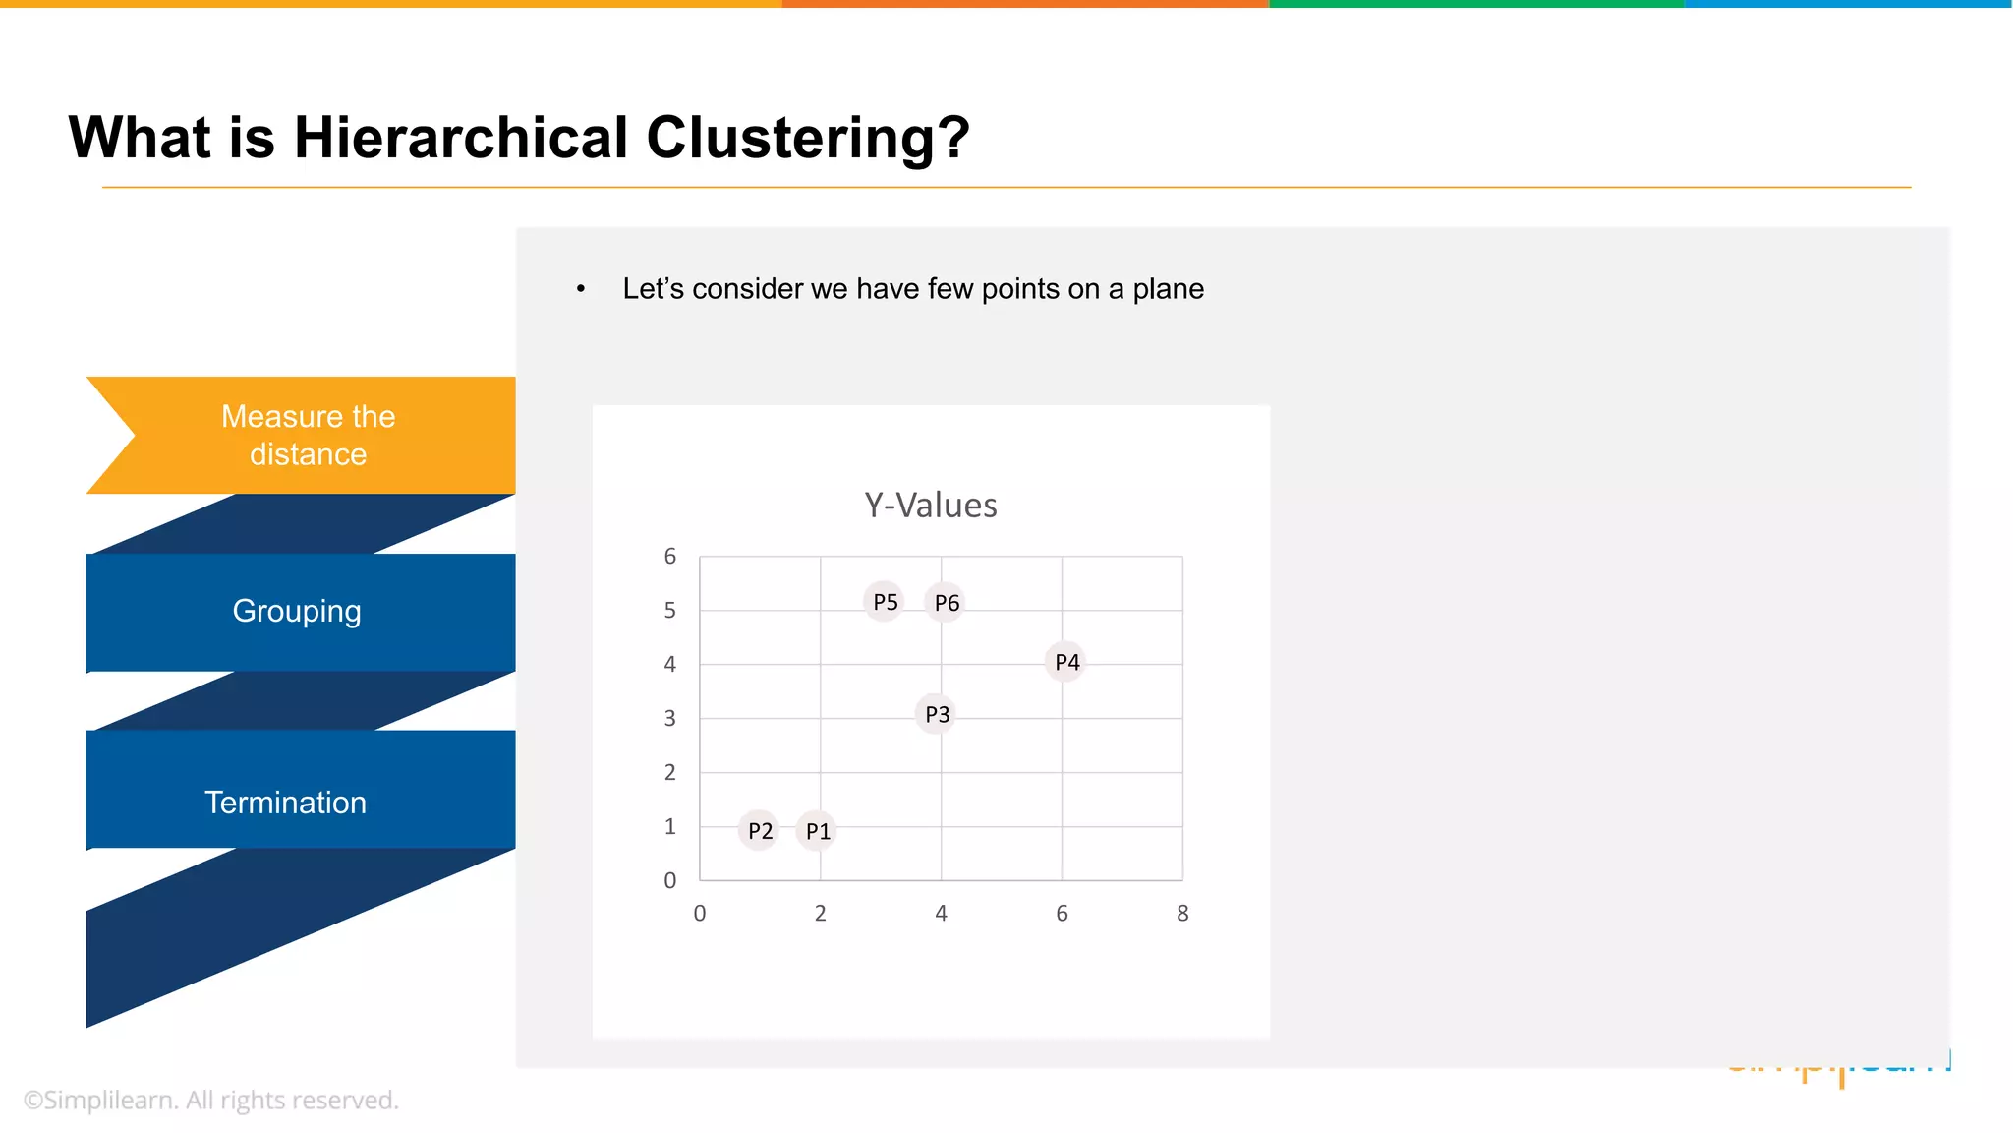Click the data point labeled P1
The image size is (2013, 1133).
[x=817, y=831]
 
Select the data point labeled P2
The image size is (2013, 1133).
[x=759, y=831]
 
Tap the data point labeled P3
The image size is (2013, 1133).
[x=937, y=714]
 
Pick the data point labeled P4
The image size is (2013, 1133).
[x=1065, y=662]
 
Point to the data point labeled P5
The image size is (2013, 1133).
[x=885, y=601]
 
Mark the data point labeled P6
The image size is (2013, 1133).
[x=946, y=602]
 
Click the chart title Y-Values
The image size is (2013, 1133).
[x=931, y=506]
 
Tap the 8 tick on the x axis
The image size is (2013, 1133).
[x=1182, y=914]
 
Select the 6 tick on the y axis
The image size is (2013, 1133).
[x=670, y=557]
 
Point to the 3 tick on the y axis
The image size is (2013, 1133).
[x=670, y=719]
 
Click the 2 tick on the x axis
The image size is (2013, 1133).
[x=821, y=914]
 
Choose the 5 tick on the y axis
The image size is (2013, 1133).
[x=670, y=611]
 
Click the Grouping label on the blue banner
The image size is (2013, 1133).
[x=297, y=612]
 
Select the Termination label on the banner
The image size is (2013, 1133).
[x=285, y=803]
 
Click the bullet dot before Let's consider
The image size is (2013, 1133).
[x=581, y=289]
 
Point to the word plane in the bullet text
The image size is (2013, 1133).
[x=1168, y=289]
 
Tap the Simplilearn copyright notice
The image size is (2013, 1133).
[x=211, y=1101]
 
